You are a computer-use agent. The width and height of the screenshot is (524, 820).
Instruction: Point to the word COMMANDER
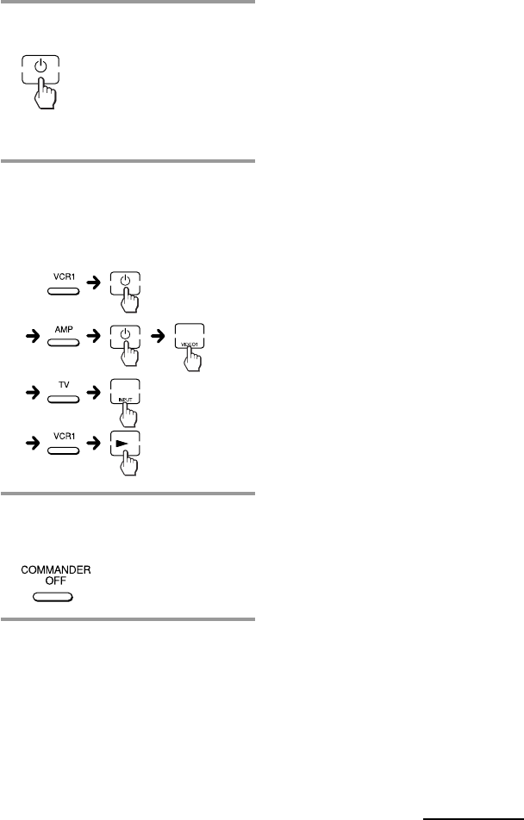56,570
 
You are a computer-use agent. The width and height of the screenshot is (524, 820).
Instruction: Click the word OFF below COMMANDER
56,581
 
